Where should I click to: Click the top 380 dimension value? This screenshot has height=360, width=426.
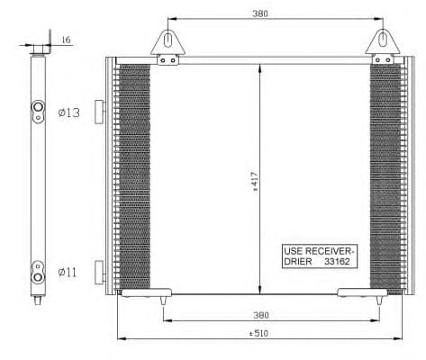coord(260,13)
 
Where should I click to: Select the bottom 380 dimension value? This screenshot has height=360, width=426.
coord(261,315)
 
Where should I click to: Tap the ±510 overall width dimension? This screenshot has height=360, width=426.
coord(258,333)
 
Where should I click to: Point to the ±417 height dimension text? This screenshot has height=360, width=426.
coord(255,182)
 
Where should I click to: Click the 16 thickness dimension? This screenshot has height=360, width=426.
coord(66,40)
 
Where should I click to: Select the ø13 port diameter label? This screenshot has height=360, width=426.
coord(69,112)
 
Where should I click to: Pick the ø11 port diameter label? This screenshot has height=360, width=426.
coord(68,273)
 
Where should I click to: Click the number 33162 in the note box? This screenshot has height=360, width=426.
coord(337,262)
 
